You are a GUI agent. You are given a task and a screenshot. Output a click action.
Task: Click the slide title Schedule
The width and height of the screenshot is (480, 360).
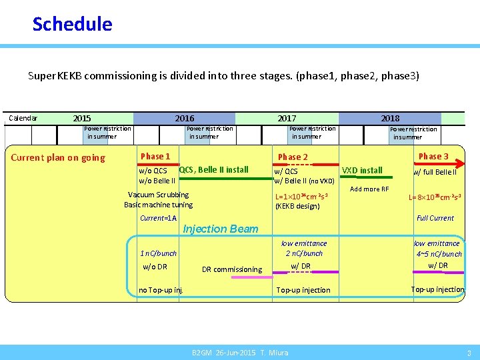click(x=72, y=25)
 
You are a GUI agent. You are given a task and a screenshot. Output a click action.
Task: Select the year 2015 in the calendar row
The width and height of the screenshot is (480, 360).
click(x=82, y=119)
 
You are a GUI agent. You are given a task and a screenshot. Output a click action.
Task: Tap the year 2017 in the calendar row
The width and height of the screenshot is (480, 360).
click(x=287, y=119)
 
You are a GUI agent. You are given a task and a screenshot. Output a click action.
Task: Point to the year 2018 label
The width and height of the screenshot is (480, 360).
click(x=390, y=119)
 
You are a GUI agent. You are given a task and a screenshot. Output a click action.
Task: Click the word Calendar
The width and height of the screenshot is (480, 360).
click(x=23, y=119)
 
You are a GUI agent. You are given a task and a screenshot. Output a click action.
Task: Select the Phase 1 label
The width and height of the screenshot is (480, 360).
click(x=155, y=157)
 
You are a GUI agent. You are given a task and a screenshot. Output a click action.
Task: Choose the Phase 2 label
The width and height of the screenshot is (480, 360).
click(x=293, y=157)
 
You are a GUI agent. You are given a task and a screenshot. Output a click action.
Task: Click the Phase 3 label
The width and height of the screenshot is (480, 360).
click(x=433, y=157)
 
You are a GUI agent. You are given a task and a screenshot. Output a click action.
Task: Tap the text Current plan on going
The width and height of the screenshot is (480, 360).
click(x=58, y=158)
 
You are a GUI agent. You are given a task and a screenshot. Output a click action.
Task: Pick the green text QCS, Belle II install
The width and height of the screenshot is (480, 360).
click(x=214, y=170)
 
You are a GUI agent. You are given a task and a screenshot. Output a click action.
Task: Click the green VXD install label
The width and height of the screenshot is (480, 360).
click(x=362, y=171)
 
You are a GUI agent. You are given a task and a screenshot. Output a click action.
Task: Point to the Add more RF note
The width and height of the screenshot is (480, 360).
click(x=369, y=189)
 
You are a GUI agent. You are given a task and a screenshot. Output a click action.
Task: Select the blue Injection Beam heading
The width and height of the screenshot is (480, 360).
click(x=220, y=229)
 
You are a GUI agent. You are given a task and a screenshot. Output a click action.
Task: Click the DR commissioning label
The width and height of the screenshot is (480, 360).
click(x=232, y=270)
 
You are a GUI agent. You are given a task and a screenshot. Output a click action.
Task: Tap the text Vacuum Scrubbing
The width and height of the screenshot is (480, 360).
click(x=158, y=195)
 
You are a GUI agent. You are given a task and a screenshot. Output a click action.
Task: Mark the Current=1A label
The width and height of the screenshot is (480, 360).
click(x=158, y=219)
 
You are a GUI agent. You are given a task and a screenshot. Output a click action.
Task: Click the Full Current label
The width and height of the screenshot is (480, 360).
click(x=435, y=218)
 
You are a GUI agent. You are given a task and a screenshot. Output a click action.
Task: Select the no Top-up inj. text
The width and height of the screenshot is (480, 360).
click(x=160, y=290)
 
